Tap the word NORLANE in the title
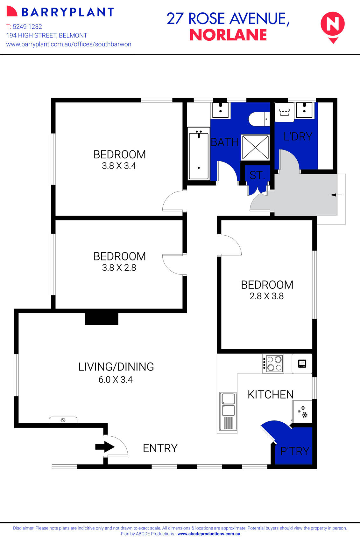(x=228, y=35)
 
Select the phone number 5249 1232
(x=27, y=27)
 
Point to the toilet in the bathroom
(x=258, y=119)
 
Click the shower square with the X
(x=255, y=147)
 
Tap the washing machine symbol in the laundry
(x=284, y=112)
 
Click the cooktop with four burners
(x=273, y=363)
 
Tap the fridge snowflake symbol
(x=303, y=412)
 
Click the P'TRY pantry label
(x=294, y=451)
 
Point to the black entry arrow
(x=105, y=447)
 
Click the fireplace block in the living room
(x=102, y=319)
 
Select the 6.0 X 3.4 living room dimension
(x=116, y=379)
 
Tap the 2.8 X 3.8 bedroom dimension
(x=266, y=296)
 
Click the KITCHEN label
(x=271, y=394)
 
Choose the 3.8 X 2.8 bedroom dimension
(x=119, y=267)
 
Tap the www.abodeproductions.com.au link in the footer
(x=209, y=534)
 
